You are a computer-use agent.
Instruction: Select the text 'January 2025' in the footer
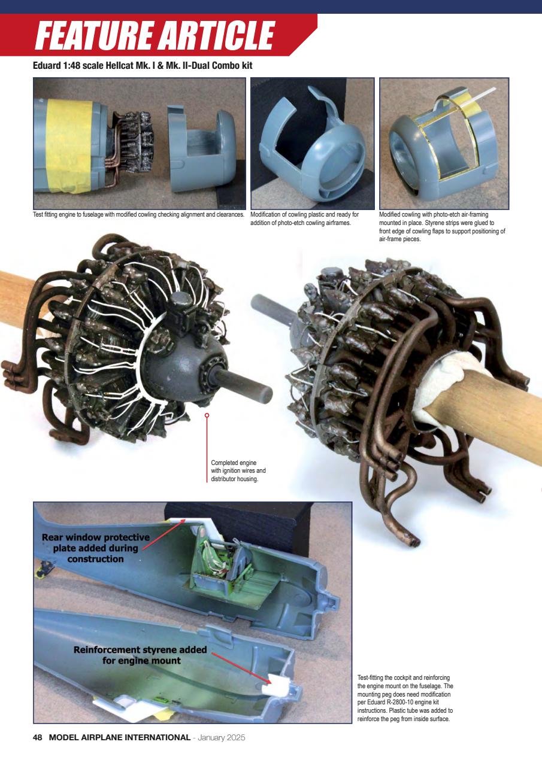(x=220, y=737)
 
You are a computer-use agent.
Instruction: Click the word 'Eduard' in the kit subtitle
(x=47, y=65)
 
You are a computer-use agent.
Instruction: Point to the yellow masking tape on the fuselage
(x=69, y=146)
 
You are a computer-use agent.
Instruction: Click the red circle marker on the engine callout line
(x=207, y=415)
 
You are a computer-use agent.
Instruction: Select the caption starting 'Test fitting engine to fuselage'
(x=138, y=214)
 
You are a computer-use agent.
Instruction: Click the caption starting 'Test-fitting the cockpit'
(x=405, y=698)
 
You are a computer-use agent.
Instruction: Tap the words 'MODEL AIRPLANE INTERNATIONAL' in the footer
(x=119, y=737)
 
